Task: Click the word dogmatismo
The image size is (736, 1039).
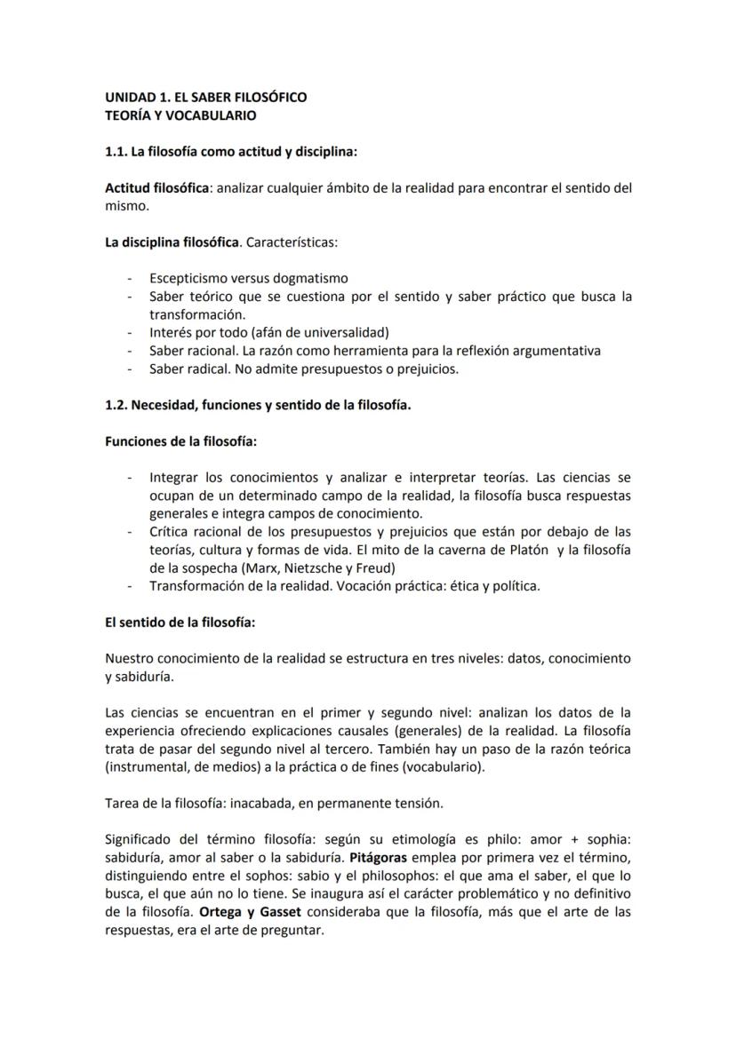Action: point(309,278)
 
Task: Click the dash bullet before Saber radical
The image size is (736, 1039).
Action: point(131,369)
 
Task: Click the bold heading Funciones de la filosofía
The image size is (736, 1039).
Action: point(181,441)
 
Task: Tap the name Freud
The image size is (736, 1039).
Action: point(376,567)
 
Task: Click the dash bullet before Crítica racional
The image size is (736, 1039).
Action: point(131,532)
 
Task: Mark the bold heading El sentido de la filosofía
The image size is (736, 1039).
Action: point(180,623)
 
